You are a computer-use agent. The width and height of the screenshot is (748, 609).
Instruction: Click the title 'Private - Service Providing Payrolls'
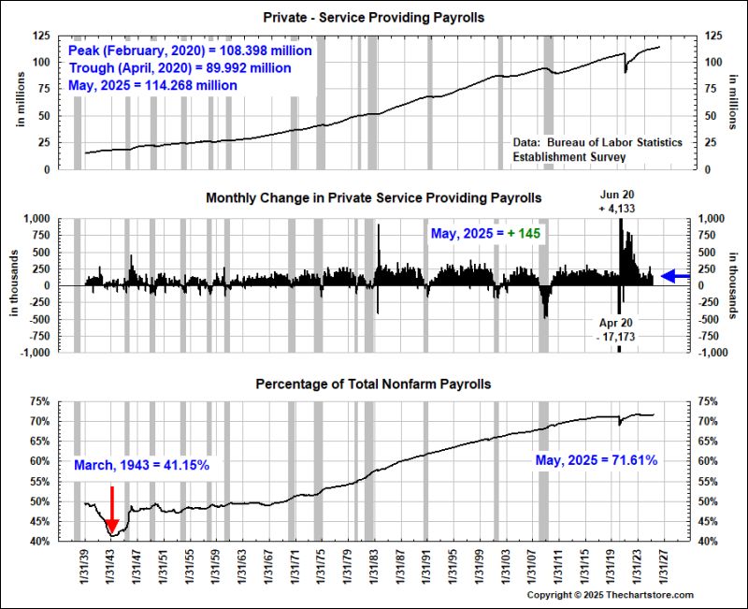(x=374, y=18)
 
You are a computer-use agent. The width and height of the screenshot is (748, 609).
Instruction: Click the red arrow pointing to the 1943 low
(x=112, y=510)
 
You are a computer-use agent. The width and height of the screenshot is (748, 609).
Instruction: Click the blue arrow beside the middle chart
(x=674, y=276)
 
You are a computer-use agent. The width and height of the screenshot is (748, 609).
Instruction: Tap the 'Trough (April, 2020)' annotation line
(x=180, y=67)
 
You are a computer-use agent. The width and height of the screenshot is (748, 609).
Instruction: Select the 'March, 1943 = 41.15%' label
(x=141, y=465)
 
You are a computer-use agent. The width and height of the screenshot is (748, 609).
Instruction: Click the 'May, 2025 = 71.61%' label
(x=597, y=460)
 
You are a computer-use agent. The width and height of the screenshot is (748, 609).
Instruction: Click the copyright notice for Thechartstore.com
(x=611, y=595)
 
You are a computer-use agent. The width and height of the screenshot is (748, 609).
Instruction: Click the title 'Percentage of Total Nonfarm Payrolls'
(x=374, y=384)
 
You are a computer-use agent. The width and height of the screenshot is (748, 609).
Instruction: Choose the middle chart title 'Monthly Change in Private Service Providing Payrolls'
(x=374, y=198)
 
